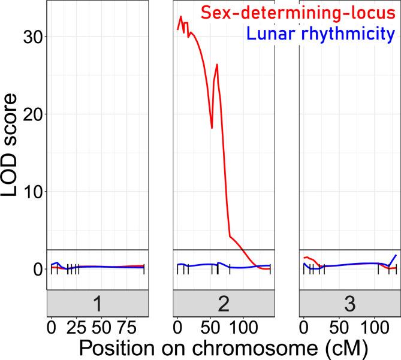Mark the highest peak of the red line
pyautogui.click(x=180, y=17)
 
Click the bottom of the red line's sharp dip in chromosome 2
pyautogui.click(x=212, y=128)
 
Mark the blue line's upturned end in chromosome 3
pyautogui.click(x=396, y=256)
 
